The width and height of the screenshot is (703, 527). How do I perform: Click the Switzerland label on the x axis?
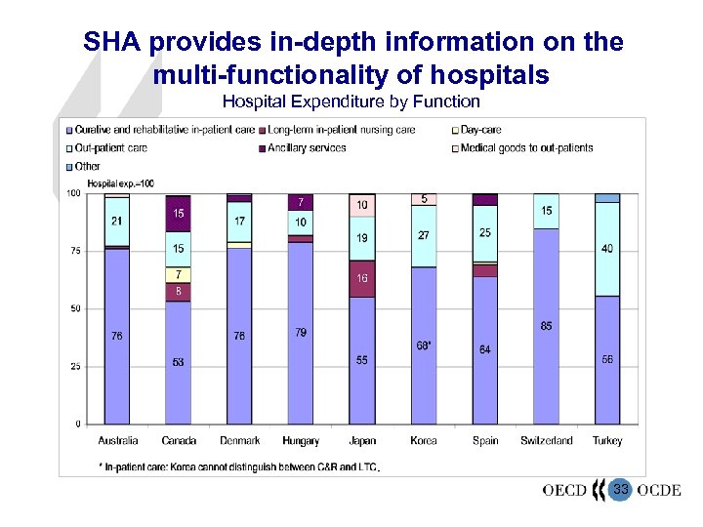point(547,441)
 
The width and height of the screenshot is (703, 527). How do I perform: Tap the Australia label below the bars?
point(118,441)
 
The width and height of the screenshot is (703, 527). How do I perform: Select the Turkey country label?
point(607,441)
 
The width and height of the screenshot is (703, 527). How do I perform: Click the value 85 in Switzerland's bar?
point(546,326)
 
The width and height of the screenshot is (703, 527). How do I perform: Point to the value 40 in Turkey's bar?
point(607,249)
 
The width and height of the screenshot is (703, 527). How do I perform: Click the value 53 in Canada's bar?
point(178,362)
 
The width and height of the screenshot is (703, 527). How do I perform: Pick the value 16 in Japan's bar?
point(361,278)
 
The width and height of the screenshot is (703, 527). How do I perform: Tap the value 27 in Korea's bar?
point(424,235)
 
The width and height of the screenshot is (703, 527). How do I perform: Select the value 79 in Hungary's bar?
point(301,333)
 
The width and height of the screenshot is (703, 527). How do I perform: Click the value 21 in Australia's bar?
point(117,222)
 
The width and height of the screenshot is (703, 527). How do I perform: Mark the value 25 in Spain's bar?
point(485,233)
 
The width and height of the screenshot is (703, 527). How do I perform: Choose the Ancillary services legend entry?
point(307,148)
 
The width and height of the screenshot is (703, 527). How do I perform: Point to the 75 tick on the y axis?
point(74,251)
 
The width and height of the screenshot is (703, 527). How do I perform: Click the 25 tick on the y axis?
point(74,367)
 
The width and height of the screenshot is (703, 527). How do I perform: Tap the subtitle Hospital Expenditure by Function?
point(351,101)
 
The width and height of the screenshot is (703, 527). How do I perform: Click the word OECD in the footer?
point(564,490)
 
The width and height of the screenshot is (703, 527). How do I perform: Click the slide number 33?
point(620,489)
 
